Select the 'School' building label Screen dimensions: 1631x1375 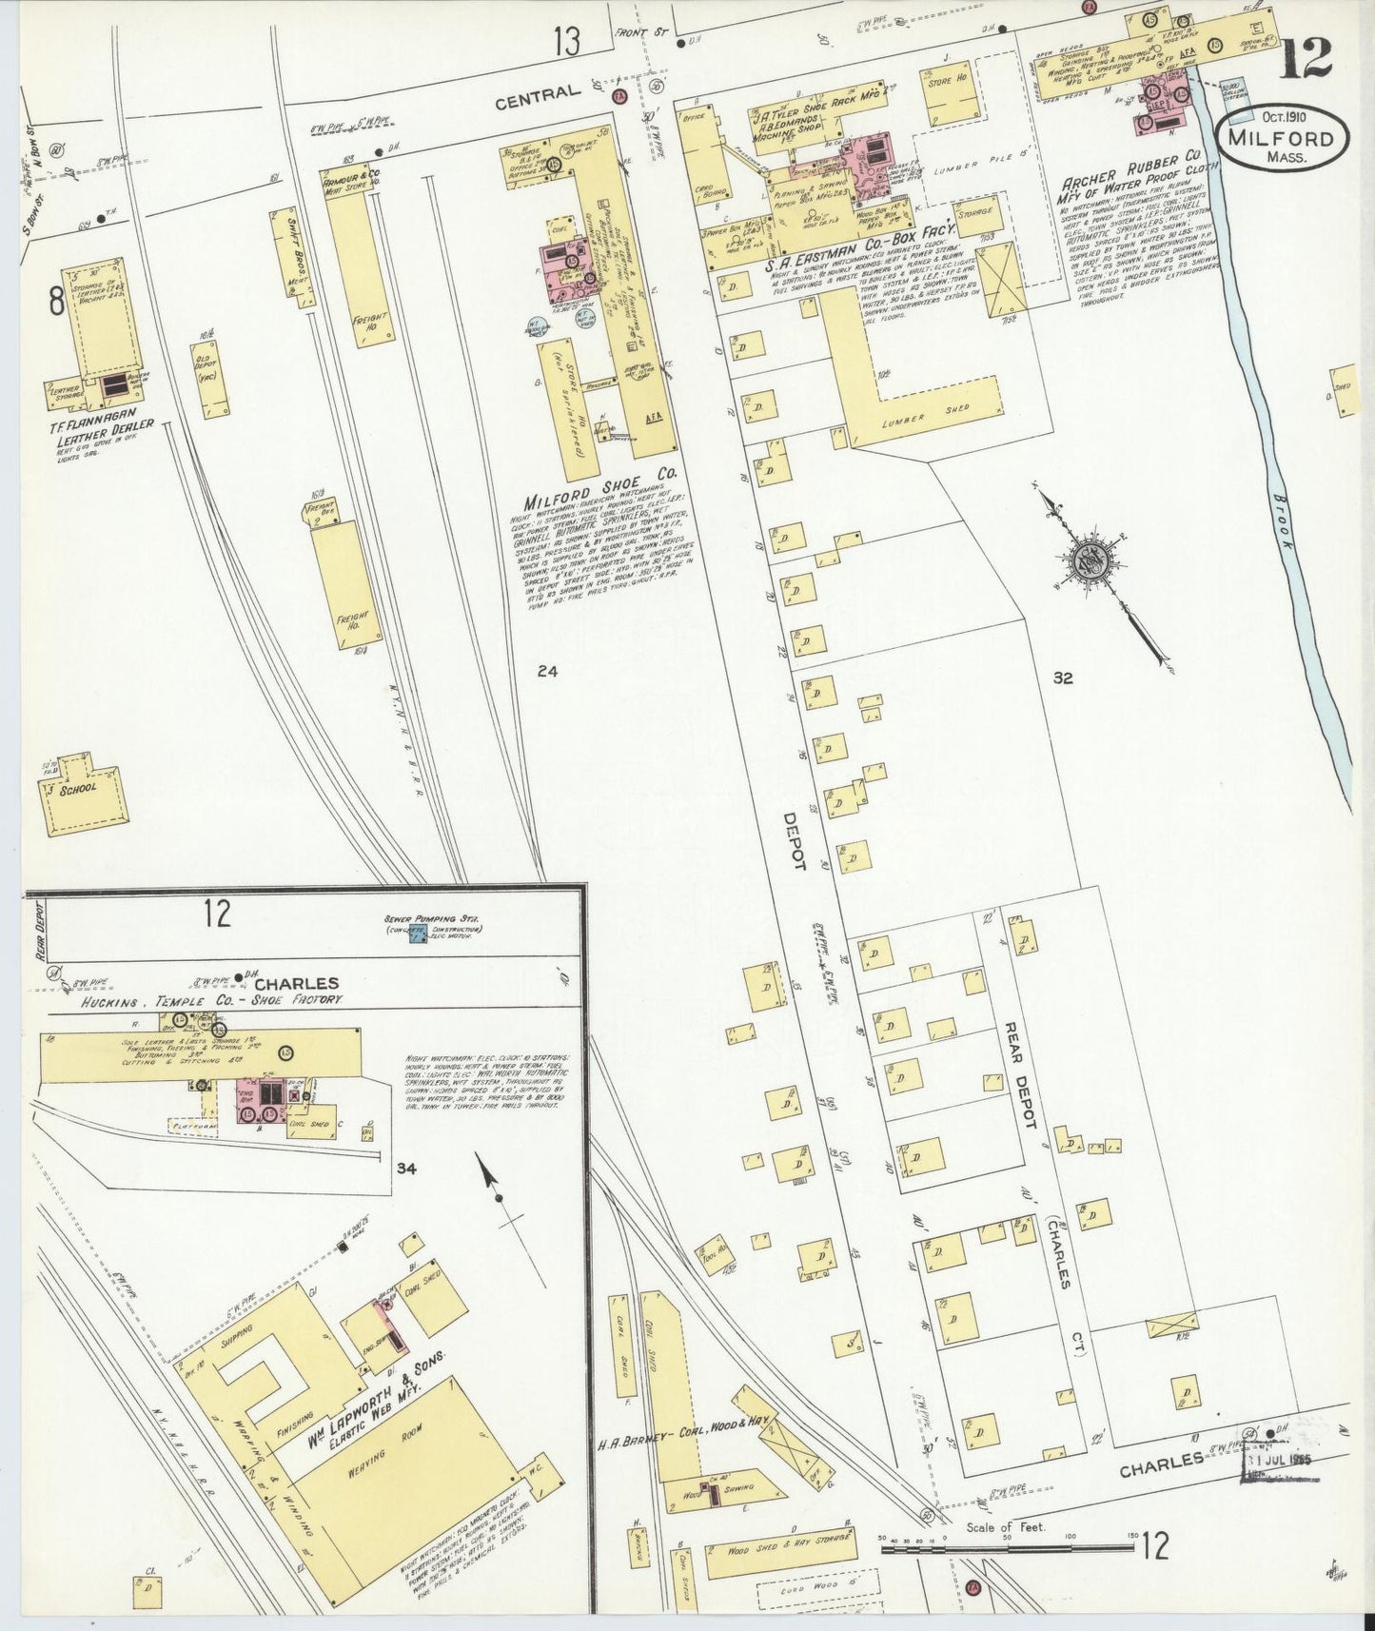79,788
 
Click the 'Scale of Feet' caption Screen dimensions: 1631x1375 1005,1528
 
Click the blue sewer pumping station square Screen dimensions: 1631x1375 416,937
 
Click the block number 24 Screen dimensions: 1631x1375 546,671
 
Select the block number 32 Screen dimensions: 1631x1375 1063,678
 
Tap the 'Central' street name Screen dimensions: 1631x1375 537,93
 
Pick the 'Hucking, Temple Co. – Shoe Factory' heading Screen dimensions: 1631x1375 210,1001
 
